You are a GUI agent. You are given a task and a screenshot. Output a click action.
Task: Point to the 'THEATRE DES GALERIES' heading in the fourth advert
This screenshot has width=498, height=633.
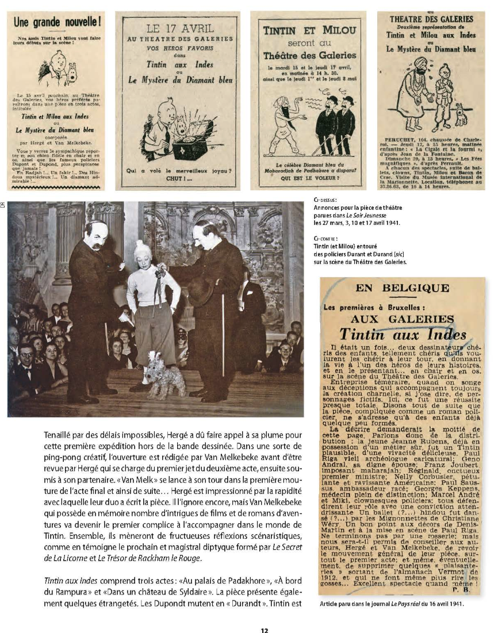431,19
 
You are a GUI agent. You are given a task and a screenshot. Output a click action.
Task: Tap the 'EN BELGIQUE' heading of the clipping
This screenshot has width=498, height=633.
402,288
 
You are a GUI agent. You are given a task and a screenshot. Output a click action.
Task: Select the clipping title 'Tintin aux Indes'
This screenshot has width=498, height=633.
402,334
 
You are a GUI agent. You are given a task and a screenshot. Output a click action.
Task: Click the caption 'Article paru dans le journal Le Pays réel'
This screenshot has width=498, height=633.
391,604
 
